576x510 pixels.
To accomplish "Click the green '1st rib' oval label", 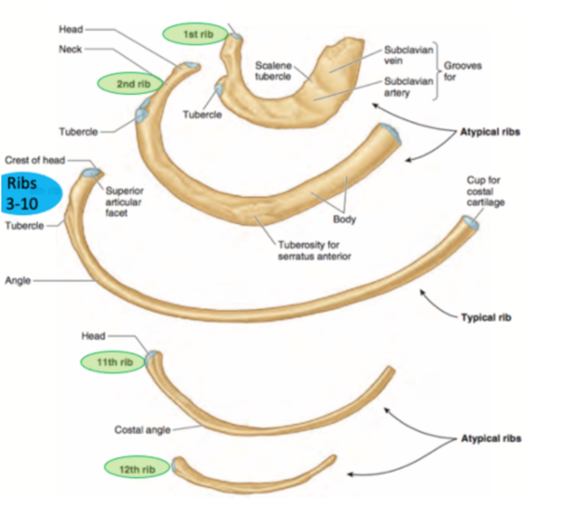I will (x=194, y=34).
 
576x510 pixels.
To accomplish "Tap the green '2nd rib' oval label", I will (x=131, y=83).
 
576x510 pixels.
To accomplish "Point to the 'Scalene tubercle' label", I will (x=273, y=71).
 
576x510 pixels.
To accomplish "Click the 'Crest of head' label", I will (x=36, y=160).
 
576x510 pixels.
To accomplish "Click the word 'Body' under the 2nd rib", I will (x=344, y=219).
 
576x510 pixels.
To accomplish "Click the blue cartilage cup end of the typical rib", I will (x=469, y=222).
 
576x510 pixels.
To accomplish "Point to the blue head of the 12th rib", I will (x=176, y=464).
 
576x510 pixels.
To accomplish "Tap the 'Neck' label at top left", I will (x=70, y=48).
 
